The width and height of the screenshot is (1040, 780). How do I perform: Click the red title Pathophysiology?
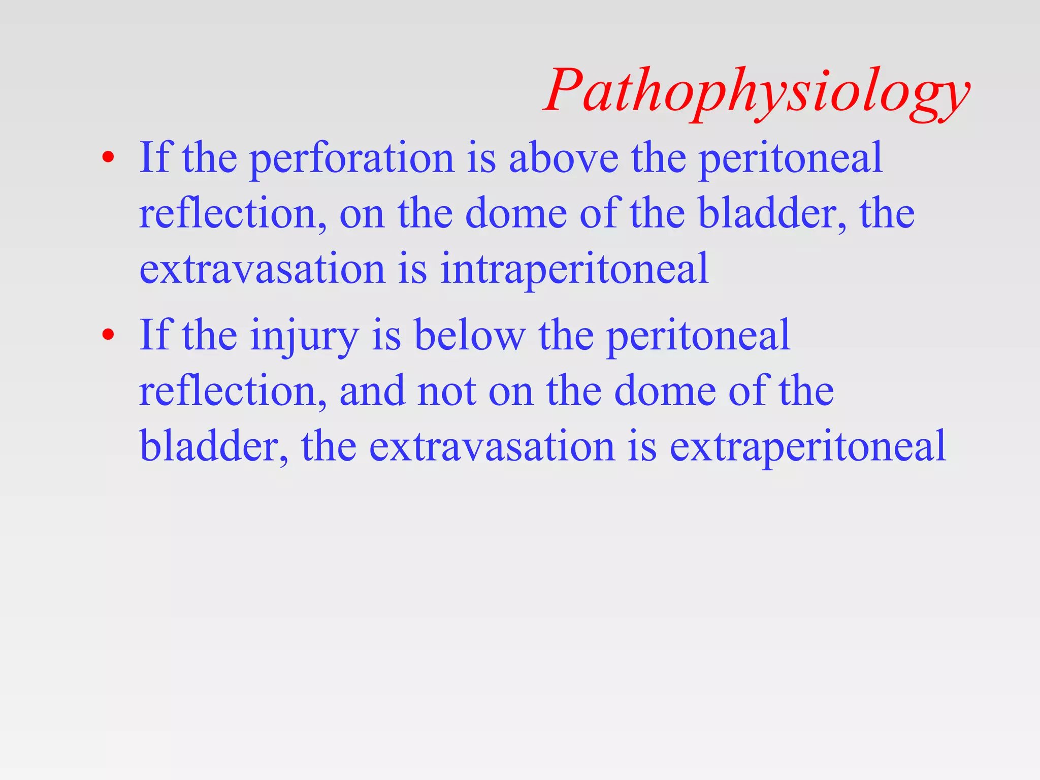pyautogui.click(x=757, y=91)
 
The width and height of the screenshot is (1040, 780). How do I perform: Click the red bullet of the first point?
pyautogui.click(x=107, y=158)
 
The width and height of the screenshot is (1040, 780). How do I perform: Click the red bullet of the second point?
pyautogui.click(x=107, y=335)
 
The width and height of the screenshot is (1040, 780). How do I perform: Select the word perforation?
pyautogui.click(x=352, y=158)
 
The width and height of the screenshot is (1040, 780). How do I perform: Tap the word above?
pyautogui.click(x=564, y=158)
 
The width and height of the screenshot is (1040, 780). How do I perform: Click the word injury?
pyautogui.click(x=304, y=336)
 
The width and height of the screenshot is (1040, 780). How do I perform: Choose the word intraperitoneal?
pyautogui.click(x=574, y=269)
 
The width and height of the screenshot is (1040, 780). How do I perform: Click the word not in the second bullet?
pyautogui.click(x=446, y=391)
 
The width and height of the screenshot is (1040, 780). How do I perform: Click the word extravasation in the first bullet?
pyautogui.click(x=262, y=269)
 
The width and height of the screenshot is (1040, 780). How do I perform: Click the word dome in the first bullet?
pyautogui.click(x=516, y=213)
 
